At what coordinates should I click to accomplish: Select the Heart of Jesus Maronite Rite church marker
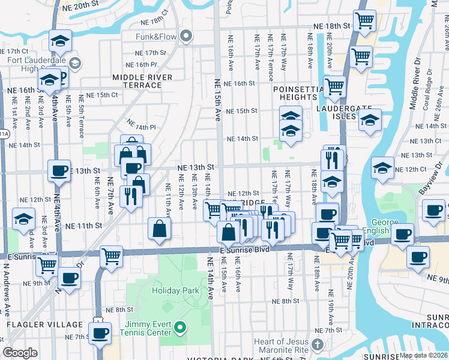318,344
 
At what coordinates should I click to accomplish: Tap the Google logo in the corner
20,353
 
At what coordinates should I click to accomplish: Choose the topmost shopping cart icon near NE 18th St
364,21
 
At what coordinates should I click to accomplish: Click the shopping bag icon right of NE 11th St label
159,228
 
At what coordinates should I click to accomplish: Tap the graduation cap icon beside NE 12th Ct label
382,168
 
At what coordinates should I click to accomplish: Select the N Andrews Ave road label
7,298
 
